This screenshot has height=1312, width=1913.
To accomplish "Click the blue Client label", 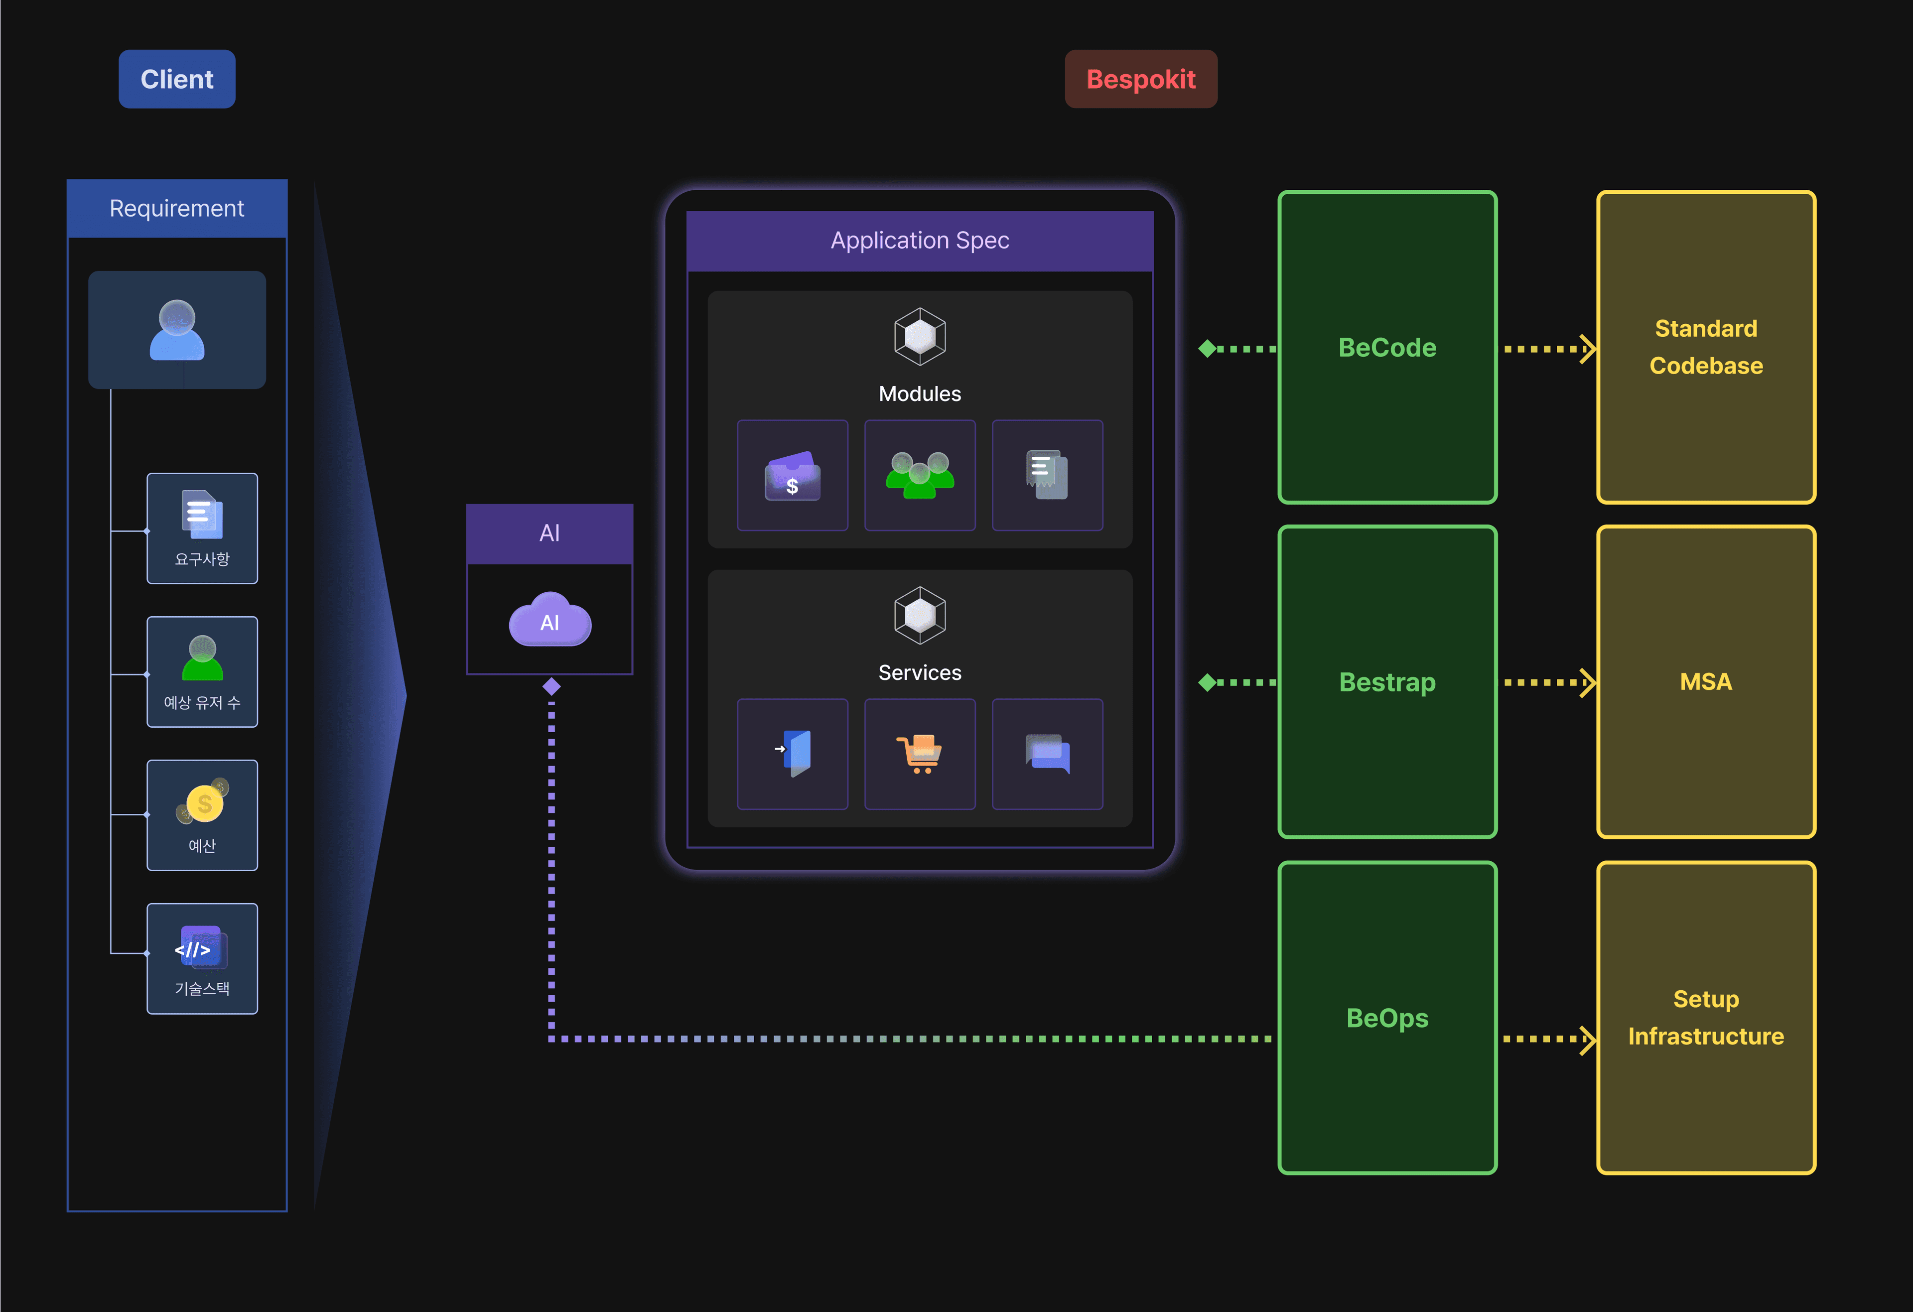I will [x=177, y=79].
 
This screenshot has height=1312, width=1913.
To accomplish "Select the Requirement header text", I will [x=177, y=208].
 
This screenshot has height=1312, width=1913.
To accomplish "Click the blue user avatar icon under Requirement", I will [x=177, y=330].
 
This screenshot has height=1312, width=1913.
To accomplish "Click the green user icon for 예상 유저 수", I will [x=202, y=657].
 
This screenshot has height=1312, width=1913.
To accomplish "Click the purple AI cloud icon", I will [x=550, y=621].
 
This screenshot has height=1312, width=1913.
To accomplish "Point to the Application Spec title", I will [x=920, y=241].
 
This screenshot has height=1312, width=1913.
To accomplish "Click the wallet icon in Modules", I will [x=792, y=476].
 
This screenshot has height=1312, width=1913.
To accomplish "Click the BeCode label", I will [x=1387, y=347].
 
